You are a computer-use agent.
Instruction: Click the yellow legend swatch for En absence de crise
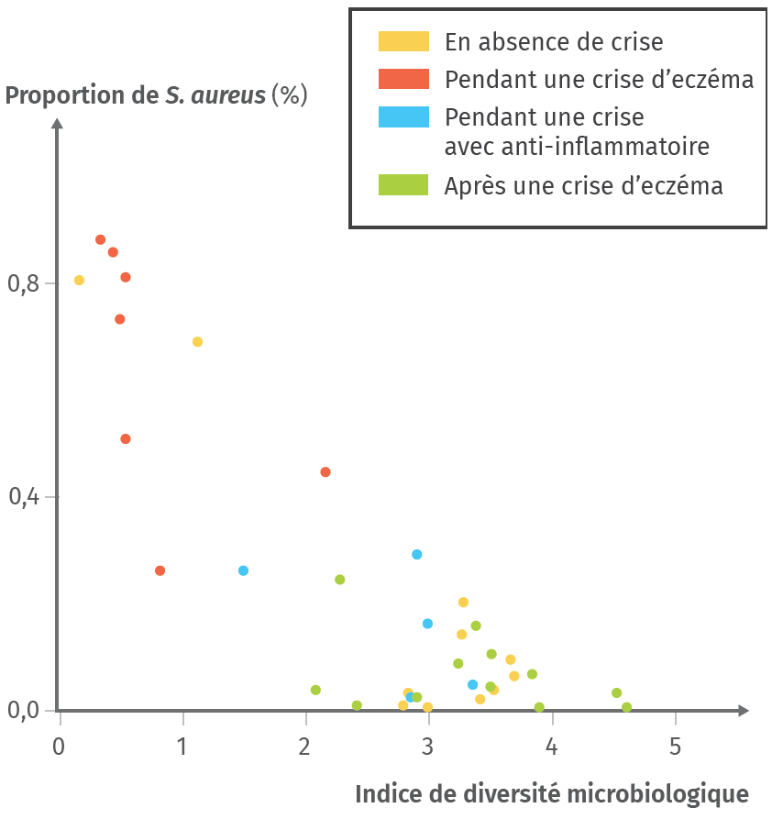(x=403, y=41)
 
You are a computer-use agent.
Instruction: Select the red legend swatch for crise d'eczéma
(x=403, y=79)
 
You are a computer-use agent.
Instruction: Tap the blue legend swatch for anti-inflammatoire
(x=403, y=117)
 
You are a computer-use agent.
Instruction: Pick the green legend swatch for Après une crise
(x=403, y=185)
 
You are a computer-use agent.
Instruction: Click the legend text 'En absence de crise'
(x=554, y=41)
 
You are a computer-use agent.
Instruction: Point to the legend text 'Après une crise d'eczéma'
(x=584, y=185)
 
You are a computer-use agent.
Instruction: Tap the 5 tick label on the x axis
(x=675, y=745)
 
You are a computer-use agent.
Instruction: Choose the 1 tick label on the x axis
(x=182, y=745)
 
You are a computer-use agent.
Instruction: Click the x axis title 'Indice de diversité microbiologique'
(x=551, y=793)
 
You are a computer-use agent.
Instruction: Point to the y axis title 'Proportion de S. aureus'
(x=156, y=95)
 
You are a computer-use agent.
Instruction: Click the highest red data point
(x=101, y=239)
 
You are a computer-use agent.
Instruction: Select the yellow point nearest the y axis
(x=79, y=280)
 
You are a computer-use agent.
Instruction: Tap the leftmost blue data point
(x=243, y=570)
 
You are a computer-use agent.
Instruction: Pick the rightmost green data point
(x=626, y=707)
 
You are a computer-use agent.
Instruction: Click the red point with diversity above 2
(x=325, y=471)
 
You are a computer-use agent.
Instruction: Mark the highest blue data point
(x=417, y=554)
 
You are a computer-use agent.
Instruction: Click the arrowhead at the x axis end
(x=743, y=710)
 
